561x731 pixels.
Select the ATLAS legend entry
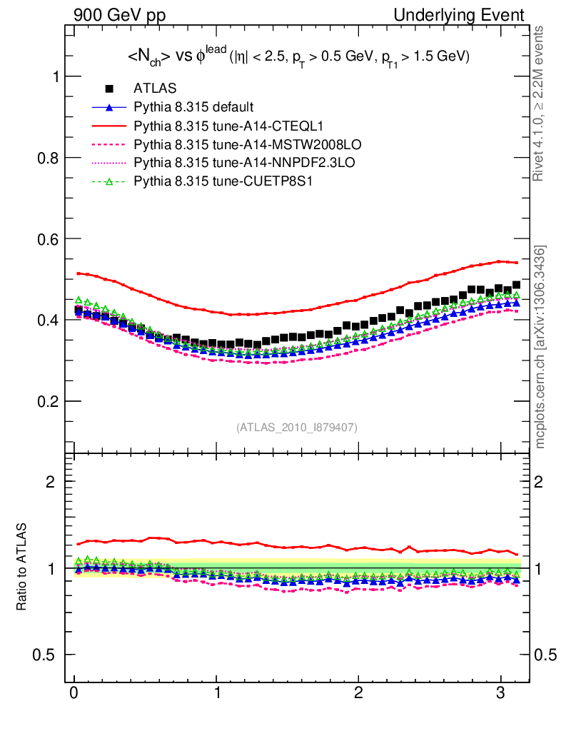151,89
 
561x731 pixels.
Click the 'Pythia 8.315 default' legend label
193,108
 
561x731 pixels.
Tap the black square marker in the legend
109,89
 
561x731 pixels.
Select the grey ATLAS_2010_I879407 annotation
297,428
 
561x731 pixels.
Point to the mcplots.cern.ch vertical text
541,346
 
